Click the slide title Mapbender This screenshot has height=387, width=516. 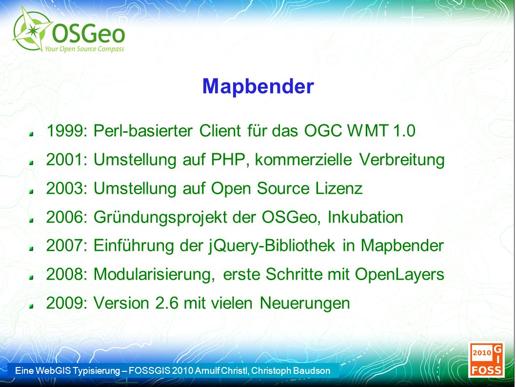(258, 86)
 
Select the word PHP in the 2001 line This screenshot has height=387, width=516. (228, 160)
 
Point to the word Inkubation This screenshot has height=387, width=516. (365, 217)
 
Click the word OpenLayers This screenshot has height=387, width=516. (399, 274)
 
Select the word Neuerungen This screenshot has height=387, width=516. (305, 304)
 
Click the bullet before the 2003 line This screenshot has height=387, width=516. (31, 191)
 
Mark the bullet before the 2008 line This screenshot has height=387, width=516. (31, 277)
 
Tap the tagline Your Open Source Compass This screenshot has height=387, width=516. (84, 49)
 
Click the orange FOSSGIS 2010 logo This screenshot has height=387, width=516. (486, 359)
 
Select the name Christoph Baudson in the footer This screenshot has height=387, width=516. (291, 370)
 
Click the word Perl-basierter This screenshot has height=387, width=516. (143, 131)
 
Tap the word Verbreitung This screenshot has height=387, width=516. (402, 160)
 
